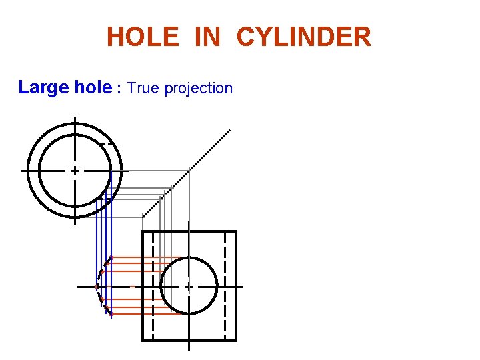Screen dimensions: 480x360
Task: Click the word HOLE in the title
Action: pyautogui.click(x=142, y=37)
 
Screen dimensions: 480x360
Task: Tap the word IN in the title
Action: pyautogui.click(x=207, y=37)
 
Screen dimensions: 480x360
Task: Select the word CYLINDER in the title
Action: pyautogui.click(x=303, y=37)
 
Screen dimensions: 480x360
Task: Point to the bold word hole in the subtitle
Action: pyautogui.click(x=89, y=87)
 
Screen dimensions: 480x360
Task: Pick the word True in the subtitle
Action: pyautogui.click(x=141, y=88)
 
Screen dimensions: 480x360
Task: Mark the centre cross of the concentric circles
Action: pyautogui.click(x=75, y=171)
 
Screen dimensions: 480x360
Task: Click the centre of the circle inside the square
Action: pyautogui.click(x=189, y=286)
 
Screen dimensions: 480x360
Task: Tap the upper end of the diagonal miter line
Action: pyautogui.click(x=230, y=130)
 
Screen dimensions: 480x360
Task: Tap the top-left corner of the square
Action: pyautogui.click(x=143, y=231)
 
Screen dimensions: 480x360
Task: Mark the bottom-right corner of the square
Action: pyautogui.click(x=236, y=340)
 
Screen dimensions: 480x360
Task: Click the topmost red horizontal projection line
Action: pyautogui.click(x=147, y=257)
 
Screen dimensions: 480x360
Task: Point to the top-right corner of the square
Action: pyautogui.click(x=236, y=231)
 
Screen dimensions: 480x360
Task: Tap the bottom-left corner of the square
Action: pyautogui.click(x=143, y=340)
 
